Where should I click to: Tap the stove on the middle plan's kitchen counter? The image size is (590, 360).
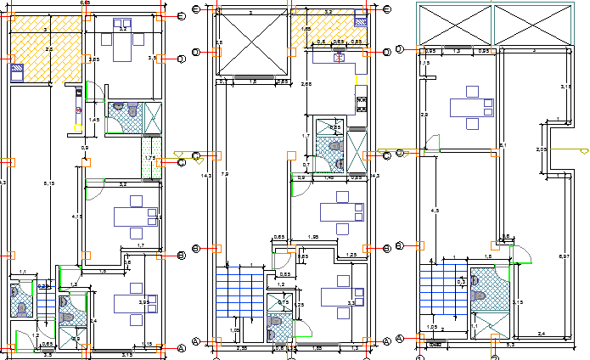(x=362, y=102)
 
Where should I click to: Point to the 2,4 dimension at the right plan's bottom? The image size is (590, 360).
(x=541, y=333)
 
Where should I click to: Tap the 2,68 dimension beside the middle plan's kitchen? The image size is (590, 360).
(x=306, y=84)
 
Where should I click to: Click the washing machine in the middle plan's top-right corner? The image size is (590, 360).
(x=360, y=22)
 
